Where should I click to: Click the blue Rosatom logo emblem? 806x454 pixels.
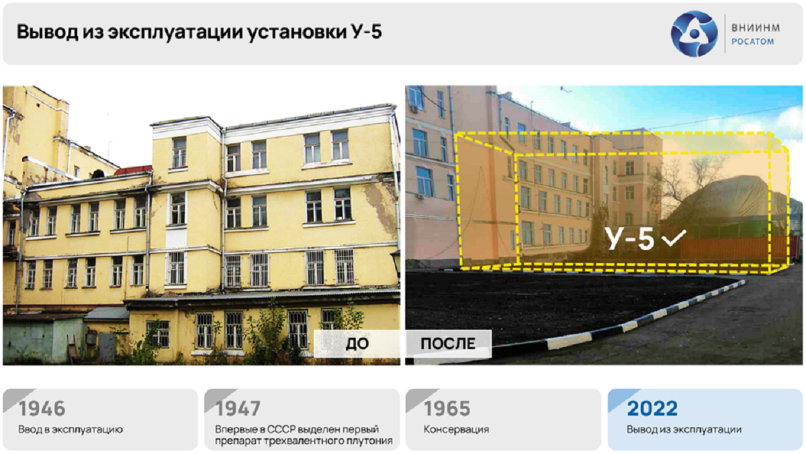coord(694,34)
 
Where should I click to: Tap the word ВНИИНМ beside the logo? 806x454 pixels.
coord(756,28)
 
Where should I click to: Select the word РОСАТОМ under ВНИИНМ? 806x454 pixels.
coord(753,42)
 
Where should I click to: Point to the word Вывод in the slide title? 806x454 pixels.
coord(48,32)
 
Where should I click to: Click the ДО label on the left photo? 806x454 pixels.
coord(357,344)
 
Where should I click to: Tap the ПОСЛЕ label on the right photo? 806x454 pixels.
coord(448,344)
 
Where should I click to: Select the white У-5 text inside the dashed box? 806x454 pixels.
coord(629,238)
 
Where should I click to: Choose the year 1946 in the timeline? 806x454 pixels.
coord(42,408)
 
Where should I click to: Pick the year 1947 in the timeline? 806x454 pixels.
coord(238,408)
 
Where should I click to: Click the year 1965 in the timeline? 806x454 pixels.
coord(447,408)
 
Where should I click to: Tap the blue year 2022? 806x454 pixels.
coord(652,408)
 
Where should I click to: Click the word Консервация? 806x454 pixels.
coord(456,429)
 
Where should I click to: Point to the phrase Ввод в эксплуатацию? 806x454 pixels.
coord(71,429)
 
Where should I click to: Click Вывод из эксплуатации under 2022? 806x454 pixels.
coord(684,430)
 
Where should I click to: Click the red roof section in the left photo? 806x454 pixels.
coord(134,170)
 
